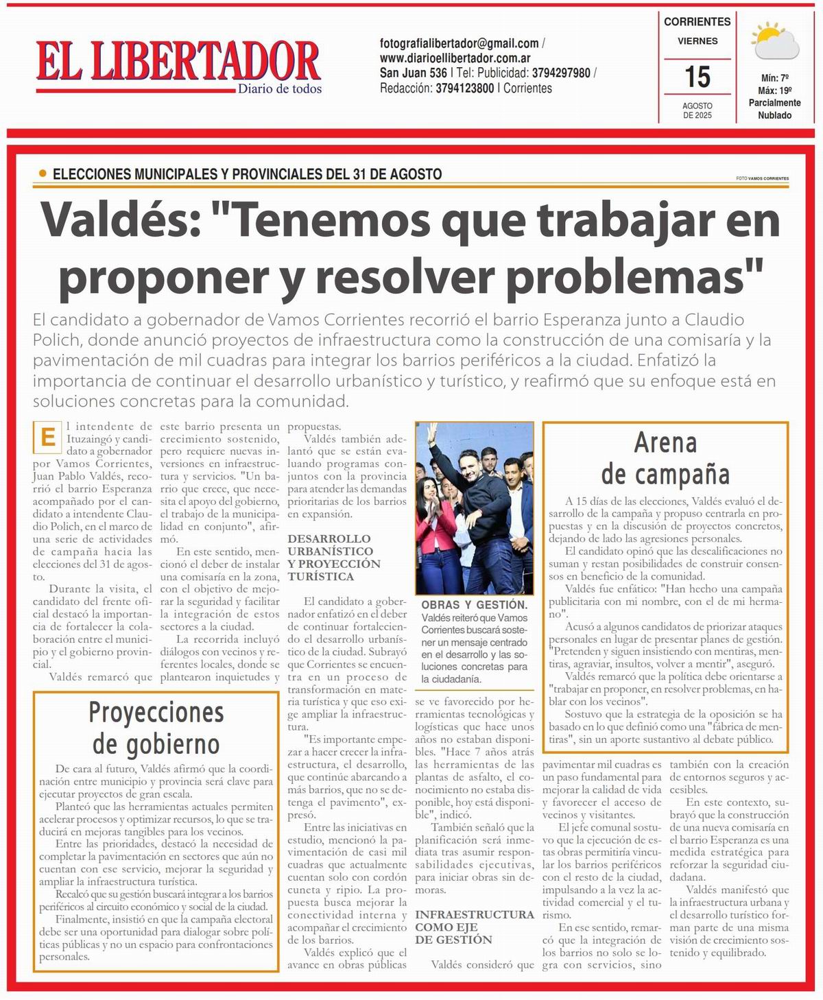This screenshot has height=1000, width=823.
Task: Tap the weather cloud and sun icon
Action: pos(775,41)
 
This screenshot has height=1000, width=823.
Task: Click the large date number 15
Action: pos(697,77)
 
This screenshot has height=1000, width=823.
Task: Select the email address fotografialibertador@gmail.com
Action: pos(459,43)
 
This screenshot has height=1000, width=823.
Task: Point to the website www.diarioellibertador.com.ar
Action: pos(455,58)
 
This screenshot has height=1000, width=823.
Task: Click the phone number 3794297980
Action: pos(561,73)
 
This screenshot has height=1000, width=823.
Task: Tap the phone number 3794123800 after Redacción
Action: pos(464,88)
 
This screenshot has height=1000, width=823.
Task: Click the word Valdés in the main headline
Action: pos(119,221)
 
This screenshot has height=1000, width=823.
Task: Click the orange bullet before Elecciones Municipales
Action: pos(43,174)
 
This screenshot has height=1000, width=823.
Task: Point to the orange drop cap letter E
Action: pos(47,438)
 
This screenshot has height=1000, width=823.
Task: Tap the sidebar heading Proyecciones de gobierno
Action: pos(156,728)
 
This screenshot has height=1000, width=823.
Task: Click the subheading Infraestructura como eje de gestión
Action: pos(474,927)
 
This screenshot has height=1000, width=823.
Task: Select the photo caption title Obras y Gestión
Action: pos(474,605)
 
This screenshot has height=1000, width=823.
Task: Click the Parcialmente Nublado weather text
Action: pos(774,109)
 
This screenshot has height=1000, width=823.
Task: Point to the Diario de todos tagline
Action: pos(280,88)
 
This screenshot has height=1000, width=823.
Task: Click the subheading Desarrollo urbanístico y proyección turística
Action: pos(333,558)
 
